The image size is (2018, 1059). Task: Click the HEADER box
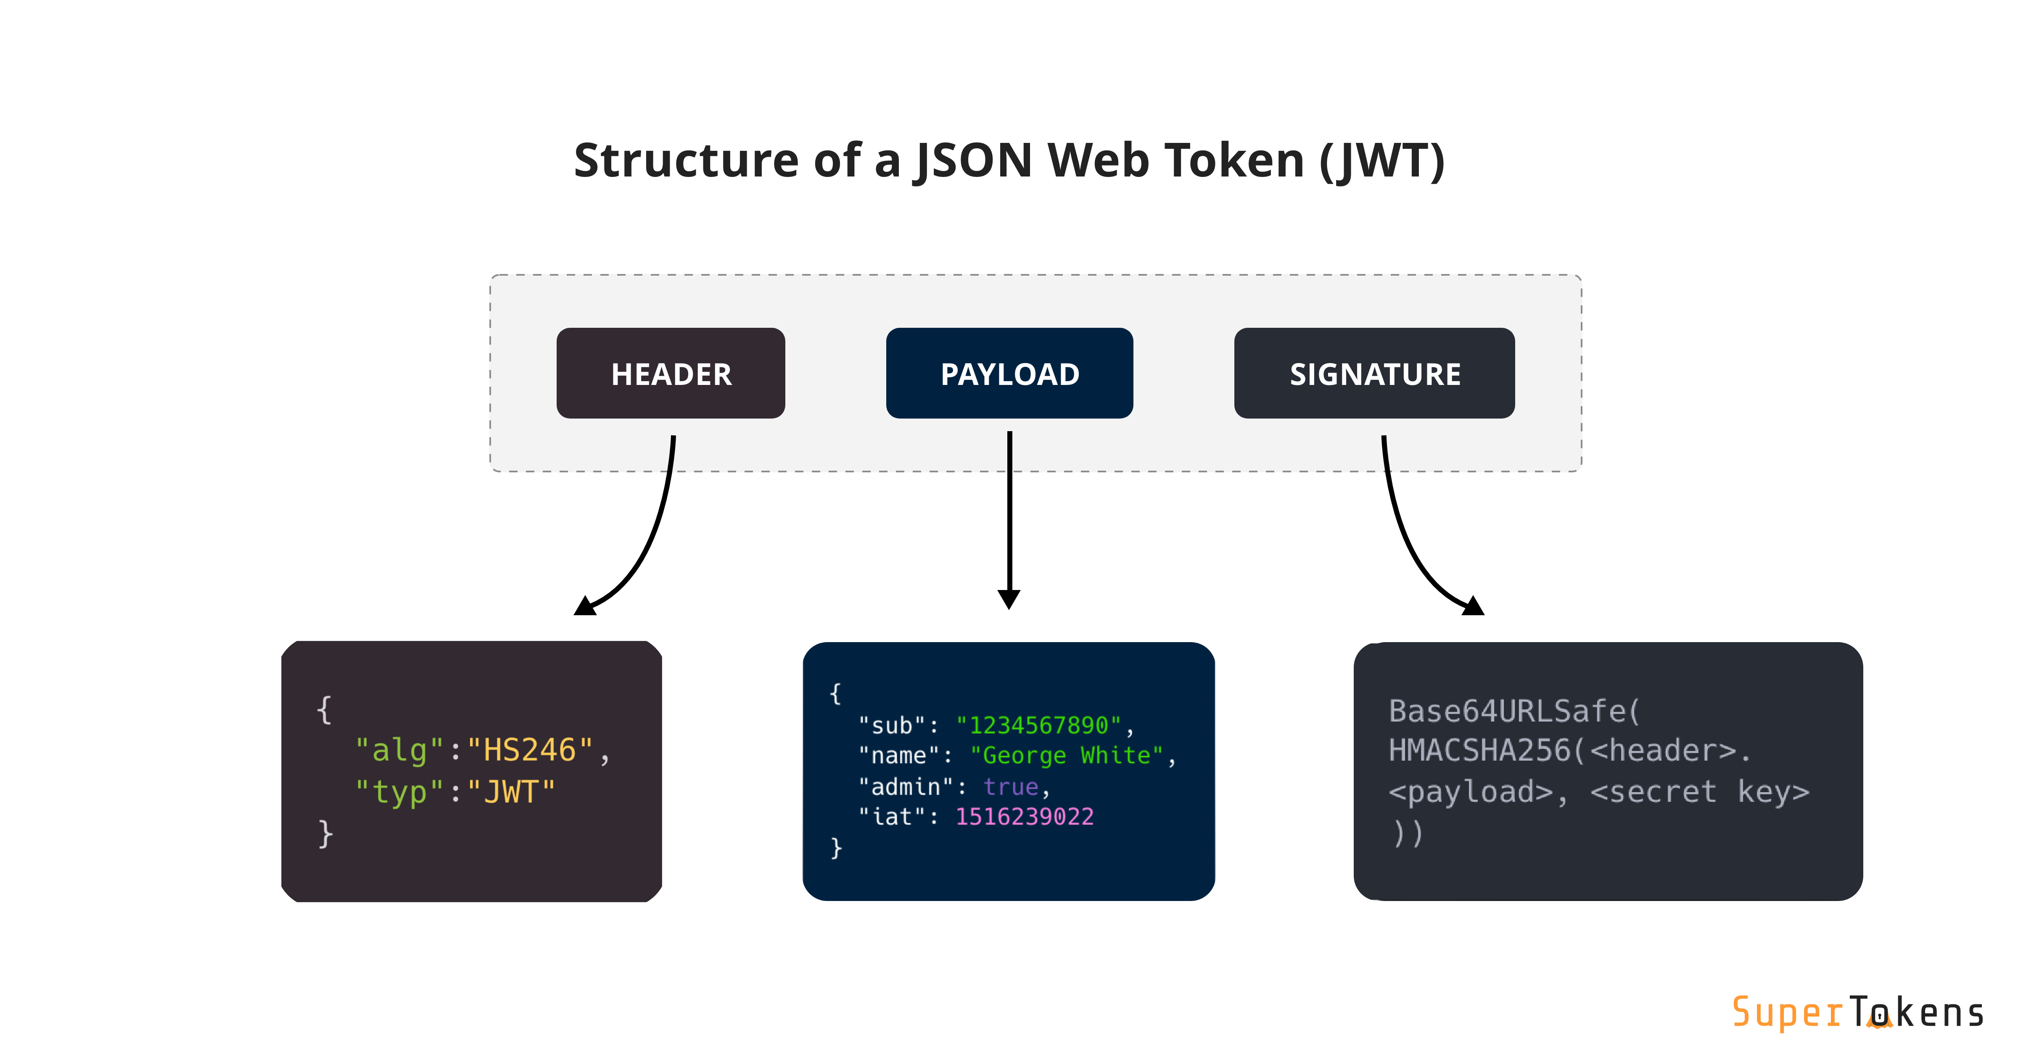[x=671, y=374]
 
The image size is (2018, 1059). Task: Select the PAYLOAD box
[x=1009, y=374]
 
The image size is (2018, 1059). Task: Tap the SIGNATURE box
[x=1374, y=374]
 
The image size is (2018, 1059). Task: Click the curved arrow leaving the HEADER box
[x=650, y=532]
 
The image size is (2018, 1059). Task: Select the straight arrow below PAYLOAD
[x=1009, y=517]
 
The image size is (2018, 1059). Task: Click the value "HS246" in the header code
[x=530, y=751]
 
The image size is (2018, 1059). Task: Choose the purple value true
[x=1011, y=786]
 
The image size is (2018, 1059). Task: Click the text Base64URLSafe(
[x=1513, y=711]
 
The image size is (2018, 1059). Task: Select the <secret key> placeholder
[x=1699, y=792]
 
